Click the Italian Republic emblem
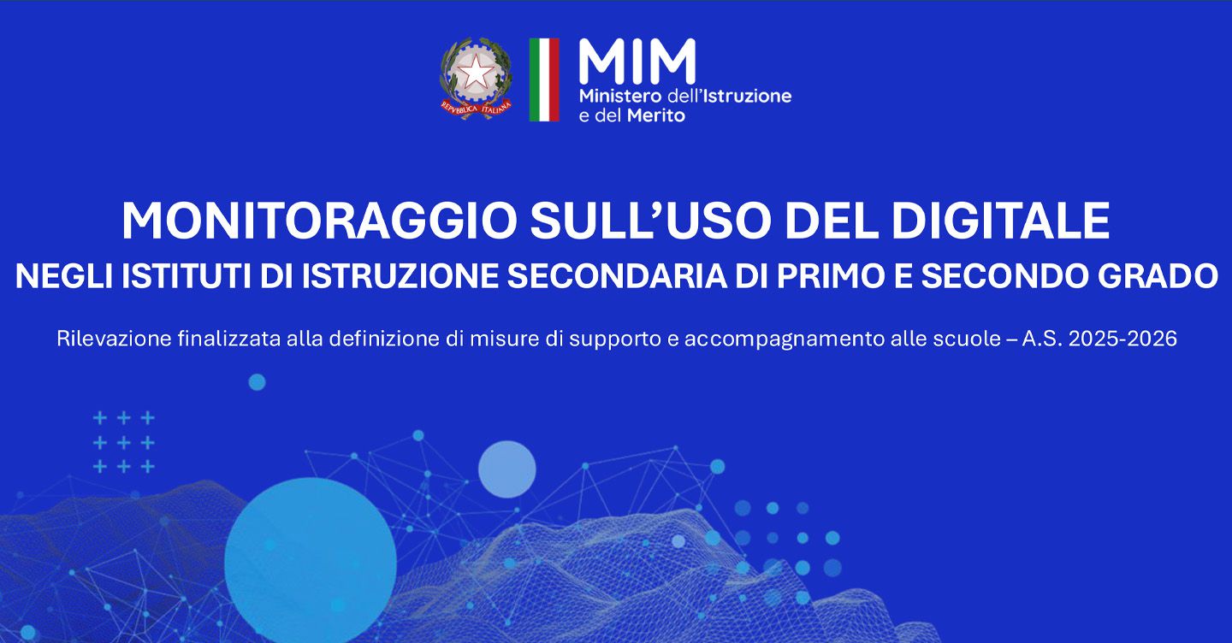click(476, 79)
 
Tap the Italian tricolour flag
click(544, 80)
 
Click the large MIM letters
click(637, 62)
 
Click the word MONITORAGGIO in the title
click(319, 221)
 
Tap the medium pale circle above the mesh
click(506, 469)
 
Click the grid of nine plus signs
click(124, 442)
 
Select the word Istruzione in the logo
click(743, 96)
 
